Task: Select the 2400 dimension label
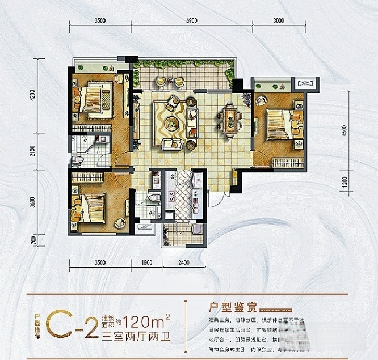183,262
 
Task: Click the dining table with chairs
230,121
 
